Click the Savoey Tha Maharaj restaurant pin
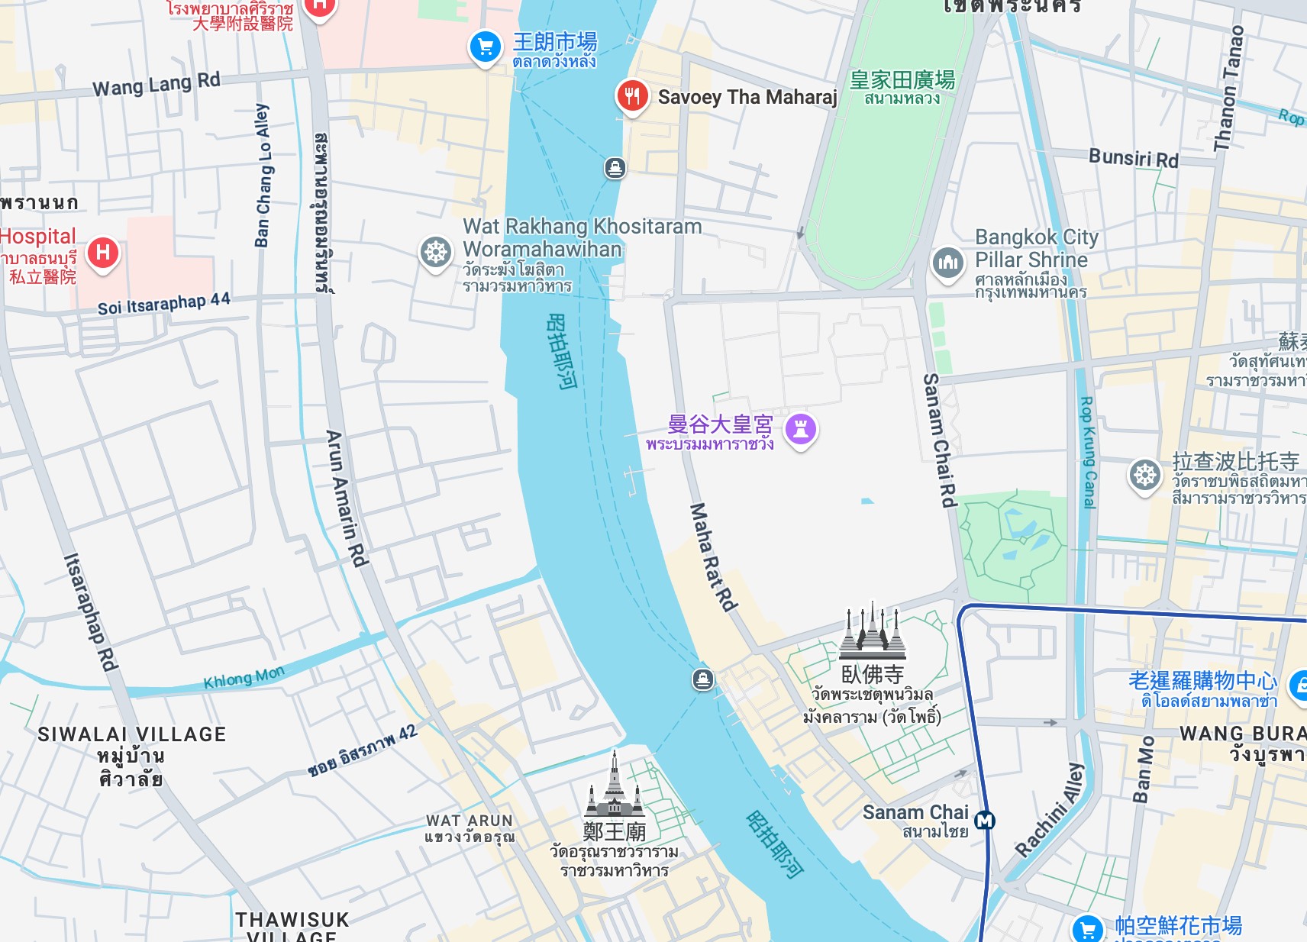tap(632, 97)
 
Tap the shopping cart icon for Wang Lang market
tap(485, 47)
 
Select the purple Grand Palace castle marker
tap(801, 429)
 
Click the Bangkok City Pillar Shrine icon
tap(947, 263)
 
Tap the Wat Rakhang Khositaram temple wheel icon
tap(436, 252)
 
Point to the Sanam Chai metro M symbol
tap(985, 821)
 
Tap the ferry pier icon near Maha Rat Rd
tap(703, 679)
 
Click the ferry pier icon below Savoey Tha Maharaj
tap(615, 167)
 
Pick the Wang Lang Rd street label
tap(157, 84)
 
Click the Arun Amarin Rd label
tap(347, 498)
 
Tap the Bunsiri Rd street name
tap(1133, 158)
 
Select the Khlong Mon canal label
tap(244, 677)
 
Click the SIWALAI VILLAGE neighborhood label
tap(131, 734)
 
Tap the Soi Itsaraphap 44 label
tap(163, 304)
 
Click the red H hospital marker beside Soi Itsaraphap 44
tap(103, 253)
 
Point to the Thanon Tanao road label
tap(1228, 88)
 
